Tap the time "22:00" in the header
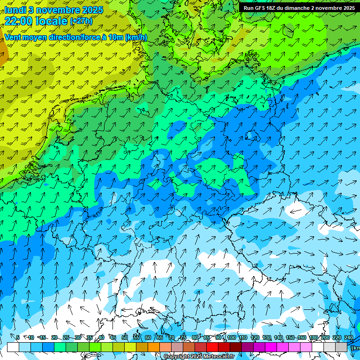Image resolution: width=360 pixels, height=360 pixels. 18,21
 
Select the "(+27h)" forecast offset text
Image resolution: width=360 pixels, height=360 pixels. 81,21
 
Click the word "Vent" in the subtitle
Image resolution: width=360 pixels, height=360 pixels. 13,37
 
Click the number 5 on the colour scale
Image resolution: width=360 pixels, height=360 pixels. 18,337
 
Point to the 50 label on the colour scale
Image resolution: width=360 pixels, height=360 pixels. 125,337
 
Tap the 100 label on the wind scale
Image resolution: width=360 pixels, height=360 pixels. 232,337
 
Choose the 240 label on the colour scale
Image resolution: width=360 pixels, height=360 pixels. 349,337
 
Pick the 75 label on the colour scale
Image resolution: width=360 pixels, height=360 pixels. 183,337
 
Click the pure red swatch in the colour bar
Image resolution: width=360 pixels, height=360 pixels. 212,347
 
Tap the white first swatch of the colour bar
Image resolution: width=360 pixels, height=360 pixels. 13,347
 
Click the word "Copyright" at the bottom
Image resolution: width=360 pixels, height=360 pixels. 177,357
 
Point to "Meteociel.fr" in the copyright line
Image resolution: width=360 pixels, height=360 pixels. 219,357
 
